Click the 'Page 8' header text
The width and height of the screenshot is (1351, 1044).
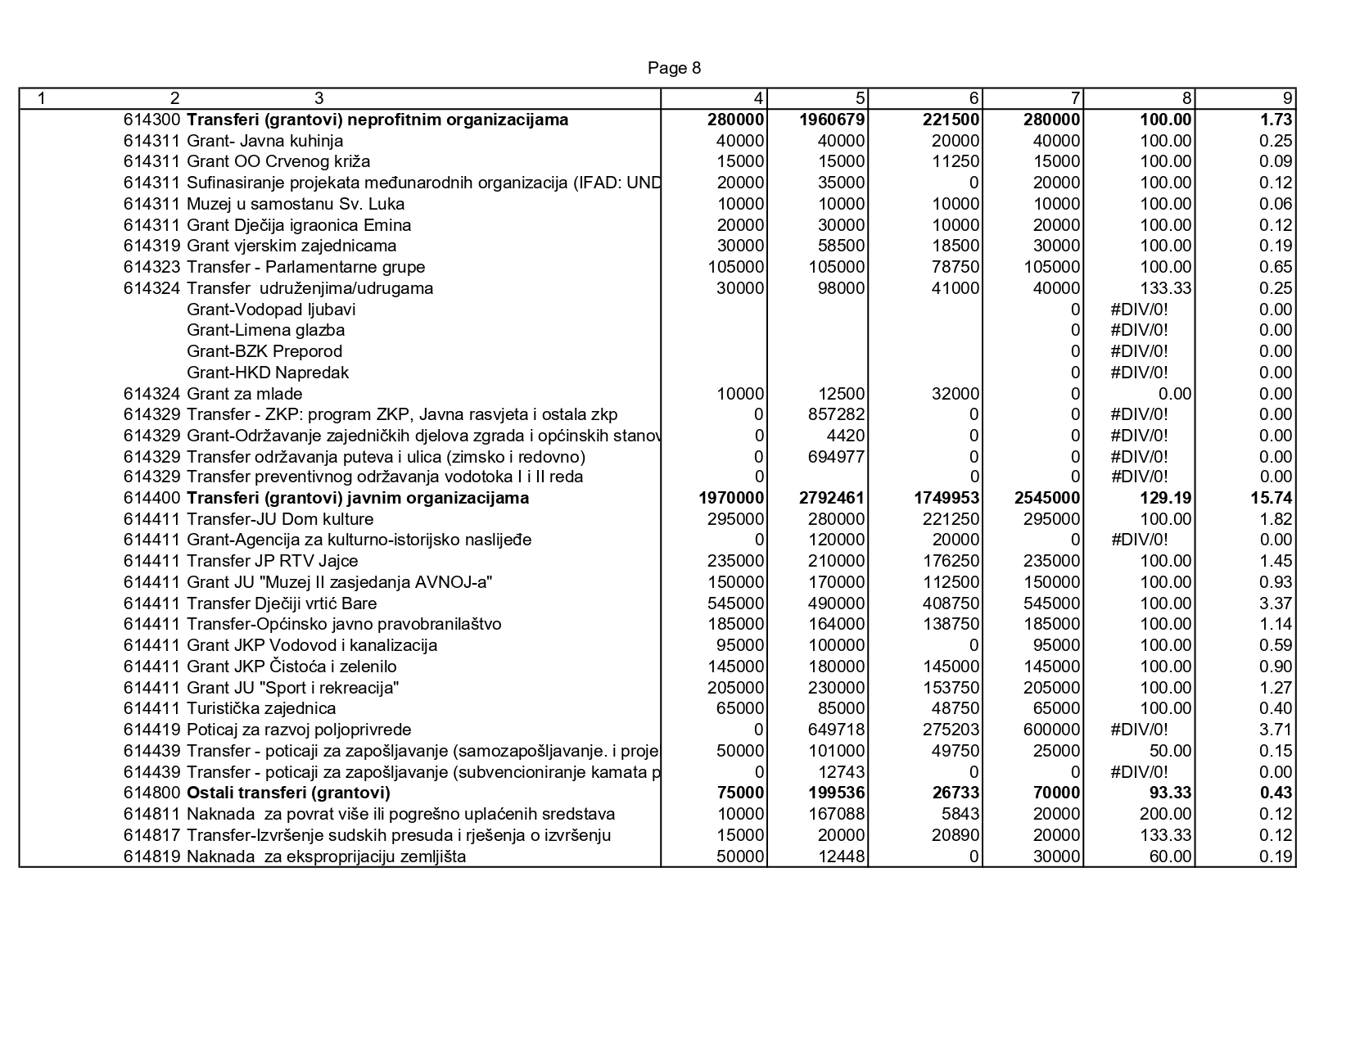[x=674, y=68]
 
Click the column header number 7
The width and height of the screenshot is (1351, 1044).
[x=1075, y=99]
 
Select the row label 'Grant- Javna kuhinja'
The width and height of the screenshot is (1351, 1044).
[x=264, y=141]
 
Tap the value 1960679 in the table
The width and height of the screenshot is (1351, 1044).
[x=832, y=120]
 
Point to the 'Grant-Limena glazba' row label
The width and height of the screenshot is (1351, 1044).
[x=265, y=331]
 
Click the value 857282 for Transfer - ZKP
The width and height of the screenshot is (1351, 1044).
[x=836, y=415]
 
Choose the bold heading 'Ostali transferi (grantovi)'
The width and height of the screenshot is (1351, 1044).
[x=288, y=793]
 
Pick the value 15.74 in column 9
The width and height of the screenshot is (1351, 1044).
[x=1275, y=499]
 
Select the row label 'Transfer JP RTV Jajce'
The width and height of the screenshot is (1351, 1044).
[x=272, y=562]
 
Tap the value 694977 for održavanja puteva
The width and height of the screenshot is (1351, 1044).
[x=836, y=457]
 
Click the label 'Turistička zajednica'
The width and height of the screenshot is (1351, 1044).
[x=261, y=709]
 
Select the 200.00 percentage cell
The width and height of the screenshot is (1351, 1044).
[x=1166, y=815]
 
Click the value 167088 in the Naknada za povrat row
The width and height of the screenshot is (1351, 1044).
[x=836, y=815]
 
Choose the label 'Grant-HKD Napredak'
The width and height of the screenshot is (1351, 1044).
[x=268, y=373]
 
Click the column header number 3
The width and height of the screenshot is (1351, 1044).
[x=319, y=99]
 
